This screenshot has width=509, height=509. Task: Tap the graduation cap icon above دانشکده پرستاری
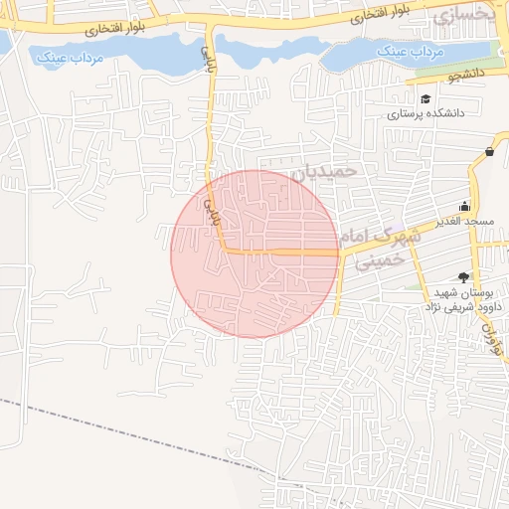426,99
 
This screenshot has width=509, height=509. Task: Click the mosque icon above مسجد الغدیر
466,205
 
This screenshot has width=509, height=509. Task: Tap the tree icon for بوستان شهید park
460,277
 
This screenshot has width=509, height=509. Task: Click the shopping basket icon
490,151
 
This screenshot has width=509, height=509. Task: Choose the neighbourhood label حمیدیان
323,172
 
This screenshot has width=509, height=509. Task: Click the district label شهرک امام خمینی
382,249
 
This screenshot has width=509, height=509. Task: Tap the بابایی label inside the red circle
211,207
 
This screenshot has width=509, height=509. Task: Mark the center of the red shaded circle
254,254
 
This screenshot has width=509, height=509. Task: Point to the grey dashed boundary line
119,429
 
